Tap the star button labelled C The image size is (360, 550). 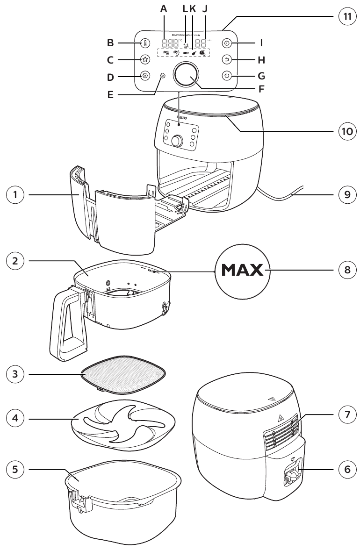145,59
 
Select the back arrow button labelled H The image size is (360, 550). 226,60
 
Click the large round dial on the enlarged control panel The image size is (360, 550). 186,75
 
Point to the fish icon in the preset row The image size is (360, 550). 186,54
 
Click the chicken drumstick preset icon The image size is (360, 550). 194,54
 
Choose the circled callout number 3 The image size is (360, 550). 16,374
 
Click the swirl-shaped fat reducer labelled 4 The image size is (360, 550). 123,418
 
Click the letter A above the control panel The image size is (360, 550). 163,8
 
